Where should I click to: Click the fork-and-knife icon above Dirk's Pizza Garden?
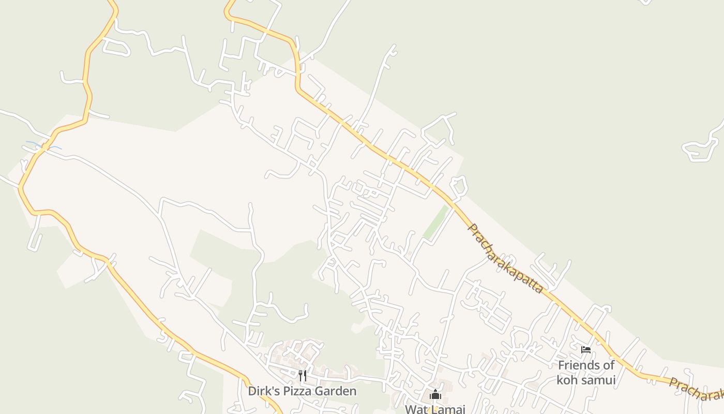pyautogui.click(x=303, y=375)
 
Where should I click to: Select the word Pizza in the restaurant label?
pyautogui.click(x=299, y=391)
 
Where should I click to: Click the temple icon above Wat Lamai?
pyautogui.click(x=435, y=395)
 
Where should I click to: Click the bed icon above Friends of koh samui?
pyautogui.click(x=586, y=350)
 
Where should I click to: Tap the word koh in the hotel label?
pyautogui.click(x=566, y=380)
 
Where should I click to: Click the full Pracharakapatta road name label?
pyautogui.click(x=505, y=259)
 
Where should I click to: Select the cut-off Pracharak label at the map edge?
pyautogui.click(x=696, y=389)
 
